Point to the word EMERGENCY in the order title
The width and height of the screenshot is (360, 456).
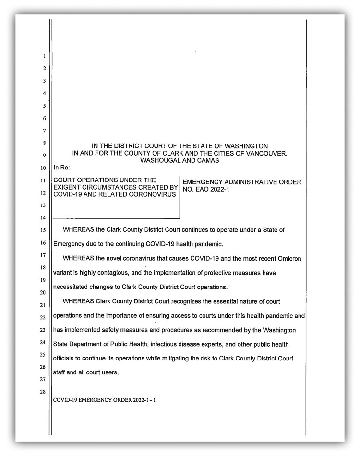click(204, 182)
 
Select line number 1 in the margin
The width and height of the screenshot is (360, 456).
click(44, 56)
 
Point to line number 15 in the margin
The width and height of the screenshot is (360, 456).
click(43, 231)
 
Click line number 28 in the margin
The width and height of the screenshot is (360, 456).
click(43, 392)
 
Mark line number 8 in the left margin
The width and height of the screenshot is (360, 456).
click(44, 144)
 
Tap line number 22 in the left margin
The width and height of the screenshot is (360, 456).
click(43, 317)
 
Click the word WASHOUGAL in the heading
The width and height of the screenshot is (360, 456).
click(160, 160)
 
